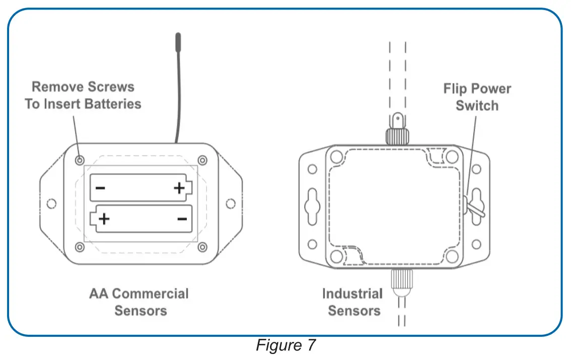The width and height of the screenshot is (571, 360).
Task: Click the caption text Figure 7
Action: pyautogui.click(x=285, y=346)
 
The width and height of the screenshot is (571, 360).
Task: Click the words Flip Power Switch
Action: pyautogui.click(x=476, y=97)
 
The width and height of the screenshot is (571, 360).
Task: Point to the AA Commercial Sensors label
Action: pyautogui.click(x=139, y=302)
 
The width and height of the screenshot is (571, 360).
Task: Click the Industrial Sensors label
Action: pyautogui.click(x=352, y=302)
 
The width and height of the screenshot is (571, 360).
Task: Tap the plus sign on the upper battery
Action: pyautogui.click(x=179, y=188)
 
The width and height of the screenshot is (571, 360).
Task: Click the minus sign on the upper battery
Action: pyautogui.click(x=100, y=189)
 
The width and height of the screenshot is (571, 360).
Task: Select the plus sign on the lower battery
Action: pyautogui.click(x=104, y=219)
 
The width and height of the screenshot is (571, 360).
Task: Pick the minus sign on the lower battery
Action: pyautogui.click(x=182, y=219)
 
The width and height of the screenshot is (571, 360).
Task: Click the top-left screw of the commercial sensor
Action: pyautogui.click(x=80, y=160)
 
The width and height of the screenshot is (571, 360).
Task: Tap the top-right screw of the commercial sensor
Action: pyautogui.click(x=202, y=160)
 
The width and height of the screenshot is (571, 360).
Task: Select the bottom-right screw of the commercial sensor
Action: pyautogui.click(x=202, y=247)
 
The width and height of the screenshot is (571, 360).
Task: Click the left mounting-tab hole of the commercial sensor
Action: pyautogui.click(x=50, y=204)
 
